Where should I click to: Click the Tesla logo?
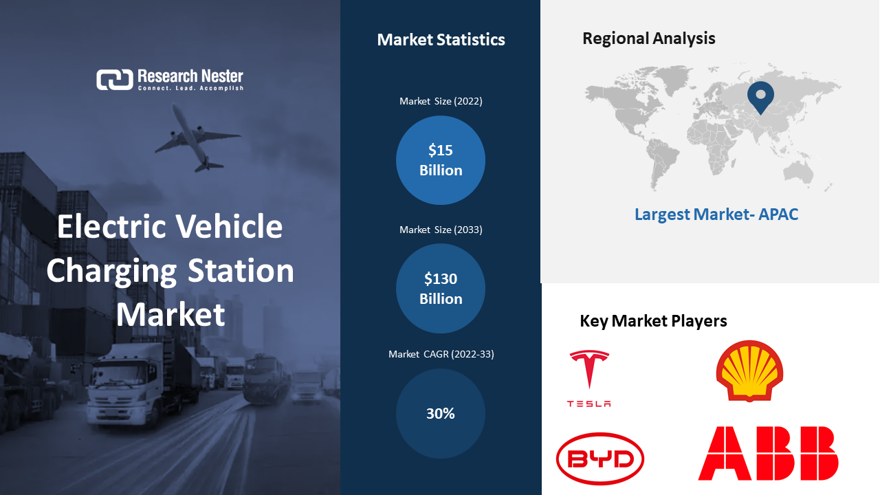tap(589, 378)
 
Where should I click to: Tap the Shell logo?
tap(749, 371)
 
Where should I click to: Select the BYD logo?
tap(600, 459)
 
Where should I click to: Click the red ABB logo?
tap(768, 453)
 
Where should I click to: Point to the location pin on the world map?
tap(760, 97)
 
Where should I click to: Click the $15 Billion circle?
tap(441, 160)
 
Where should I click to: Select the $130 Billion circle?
tap(441, 288)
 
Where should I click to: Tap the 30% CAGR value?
tap(441, 413)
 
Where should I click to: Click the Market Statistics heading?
tap(441, 40)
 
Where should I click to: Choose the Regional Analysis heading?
tap(648, 38)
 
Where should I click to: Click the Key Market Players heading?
tap(653, 321)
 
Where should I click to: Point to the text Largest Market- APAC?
tap(716, 214)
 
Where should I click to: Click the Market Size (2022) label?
tap(441, 101)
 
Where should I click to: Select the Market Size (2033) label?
tap(441, 230)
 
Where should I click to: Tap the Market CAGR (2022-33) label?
tap(441, 354)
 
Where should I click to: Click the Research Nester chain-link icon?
tap(115, 80)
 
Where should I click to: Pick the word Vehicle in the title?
tap(229, 227)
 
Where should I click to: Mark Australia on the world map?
tap(797, 173)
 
